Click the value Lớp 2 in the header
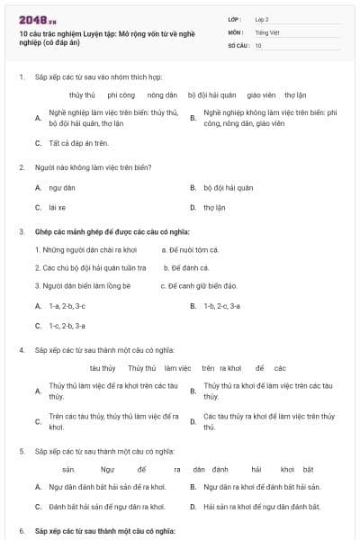262,18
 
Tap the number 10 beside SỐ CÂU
258,45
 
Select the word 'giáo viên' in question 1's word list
260,94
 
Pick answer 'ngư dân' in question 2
63,188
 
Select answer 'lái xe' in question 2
58,207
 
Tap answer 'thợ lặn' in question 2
214,207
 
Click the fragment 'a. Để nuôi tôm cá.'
189,249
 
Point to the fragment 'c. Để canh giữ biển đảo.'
202,286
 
